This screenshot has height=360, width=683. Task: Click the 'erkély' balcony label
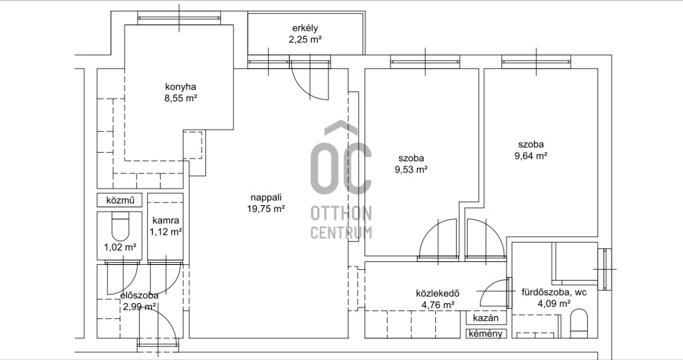pyautogui.click(x=305, y=28)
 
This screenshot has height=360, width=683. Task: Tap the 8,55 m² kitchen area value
pyautogui.click(x=181, y=98)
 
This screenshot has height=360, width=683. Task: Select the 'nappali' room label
pyautogui.click(x=266, y=197)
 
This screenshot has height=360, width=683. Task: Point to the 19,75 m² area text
pyautogui.click(x=266, y=209)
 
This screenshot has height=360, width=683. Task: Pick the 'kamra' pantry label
pyautogui.click(x=166, y=221)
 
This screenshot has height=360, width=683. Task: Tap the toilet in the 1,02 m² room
pyautogui.click(x=120, y=225)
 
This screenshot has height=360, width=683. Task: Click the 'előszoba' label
pyautogui.click(x=139, y=296)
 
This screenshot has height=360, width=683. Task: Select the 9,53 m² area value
pyautogui.click(x=411, y=170)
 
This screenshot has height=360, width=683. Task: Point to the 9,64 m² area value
pyautogui.click(x=530, y=156)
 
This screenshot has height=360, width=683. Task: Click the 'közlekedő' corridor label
pyautogui.click(x=438, y=293)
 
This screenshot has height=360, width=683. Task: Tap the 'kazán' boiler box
pyautogui.click(x=486, y=318)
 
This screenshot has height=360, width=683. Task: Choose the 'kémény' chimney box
pyautogui.click(x=486, y=333)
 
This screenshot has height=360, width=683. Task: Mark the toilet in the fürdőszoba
pyautogui.click(x=579, y=323)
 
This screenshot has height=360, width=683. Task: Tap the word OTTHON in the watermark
pyautogui.click(x=341, y=214)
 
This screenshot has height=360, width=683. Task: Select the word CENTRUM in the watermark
pyautogui.click(x=341, y=232)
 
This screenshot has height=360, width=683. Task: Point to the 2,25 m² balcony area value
pyautogui.click(x=305, y=40)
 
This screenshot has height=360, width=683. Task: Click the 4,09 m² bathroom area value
pyautogui.click(x=554, y=304)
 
